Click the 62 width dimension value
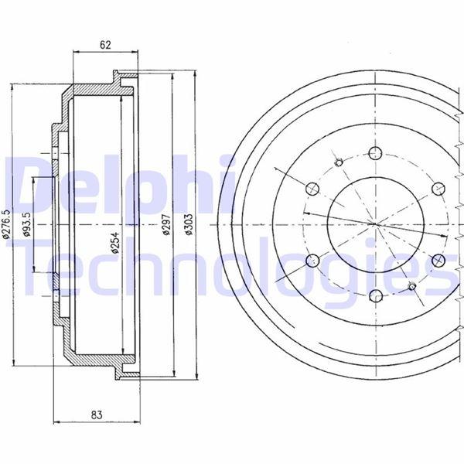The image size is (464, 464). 105,45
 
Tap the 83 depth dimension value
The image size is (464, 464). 97,415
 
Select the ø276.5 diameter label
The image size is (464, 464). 6,223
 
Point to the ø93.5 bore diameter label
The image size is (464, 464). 27,223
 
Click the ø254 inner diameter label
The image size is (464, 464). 115,242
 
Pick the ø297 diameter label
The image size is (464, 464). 167,224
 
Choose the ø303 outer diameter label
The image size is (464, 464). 189,224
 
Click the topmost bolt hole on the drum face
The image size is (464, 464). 375,153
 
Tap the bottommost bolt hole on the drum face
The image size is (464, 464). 376,296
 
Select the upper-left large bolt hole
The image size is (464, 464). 312,189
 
